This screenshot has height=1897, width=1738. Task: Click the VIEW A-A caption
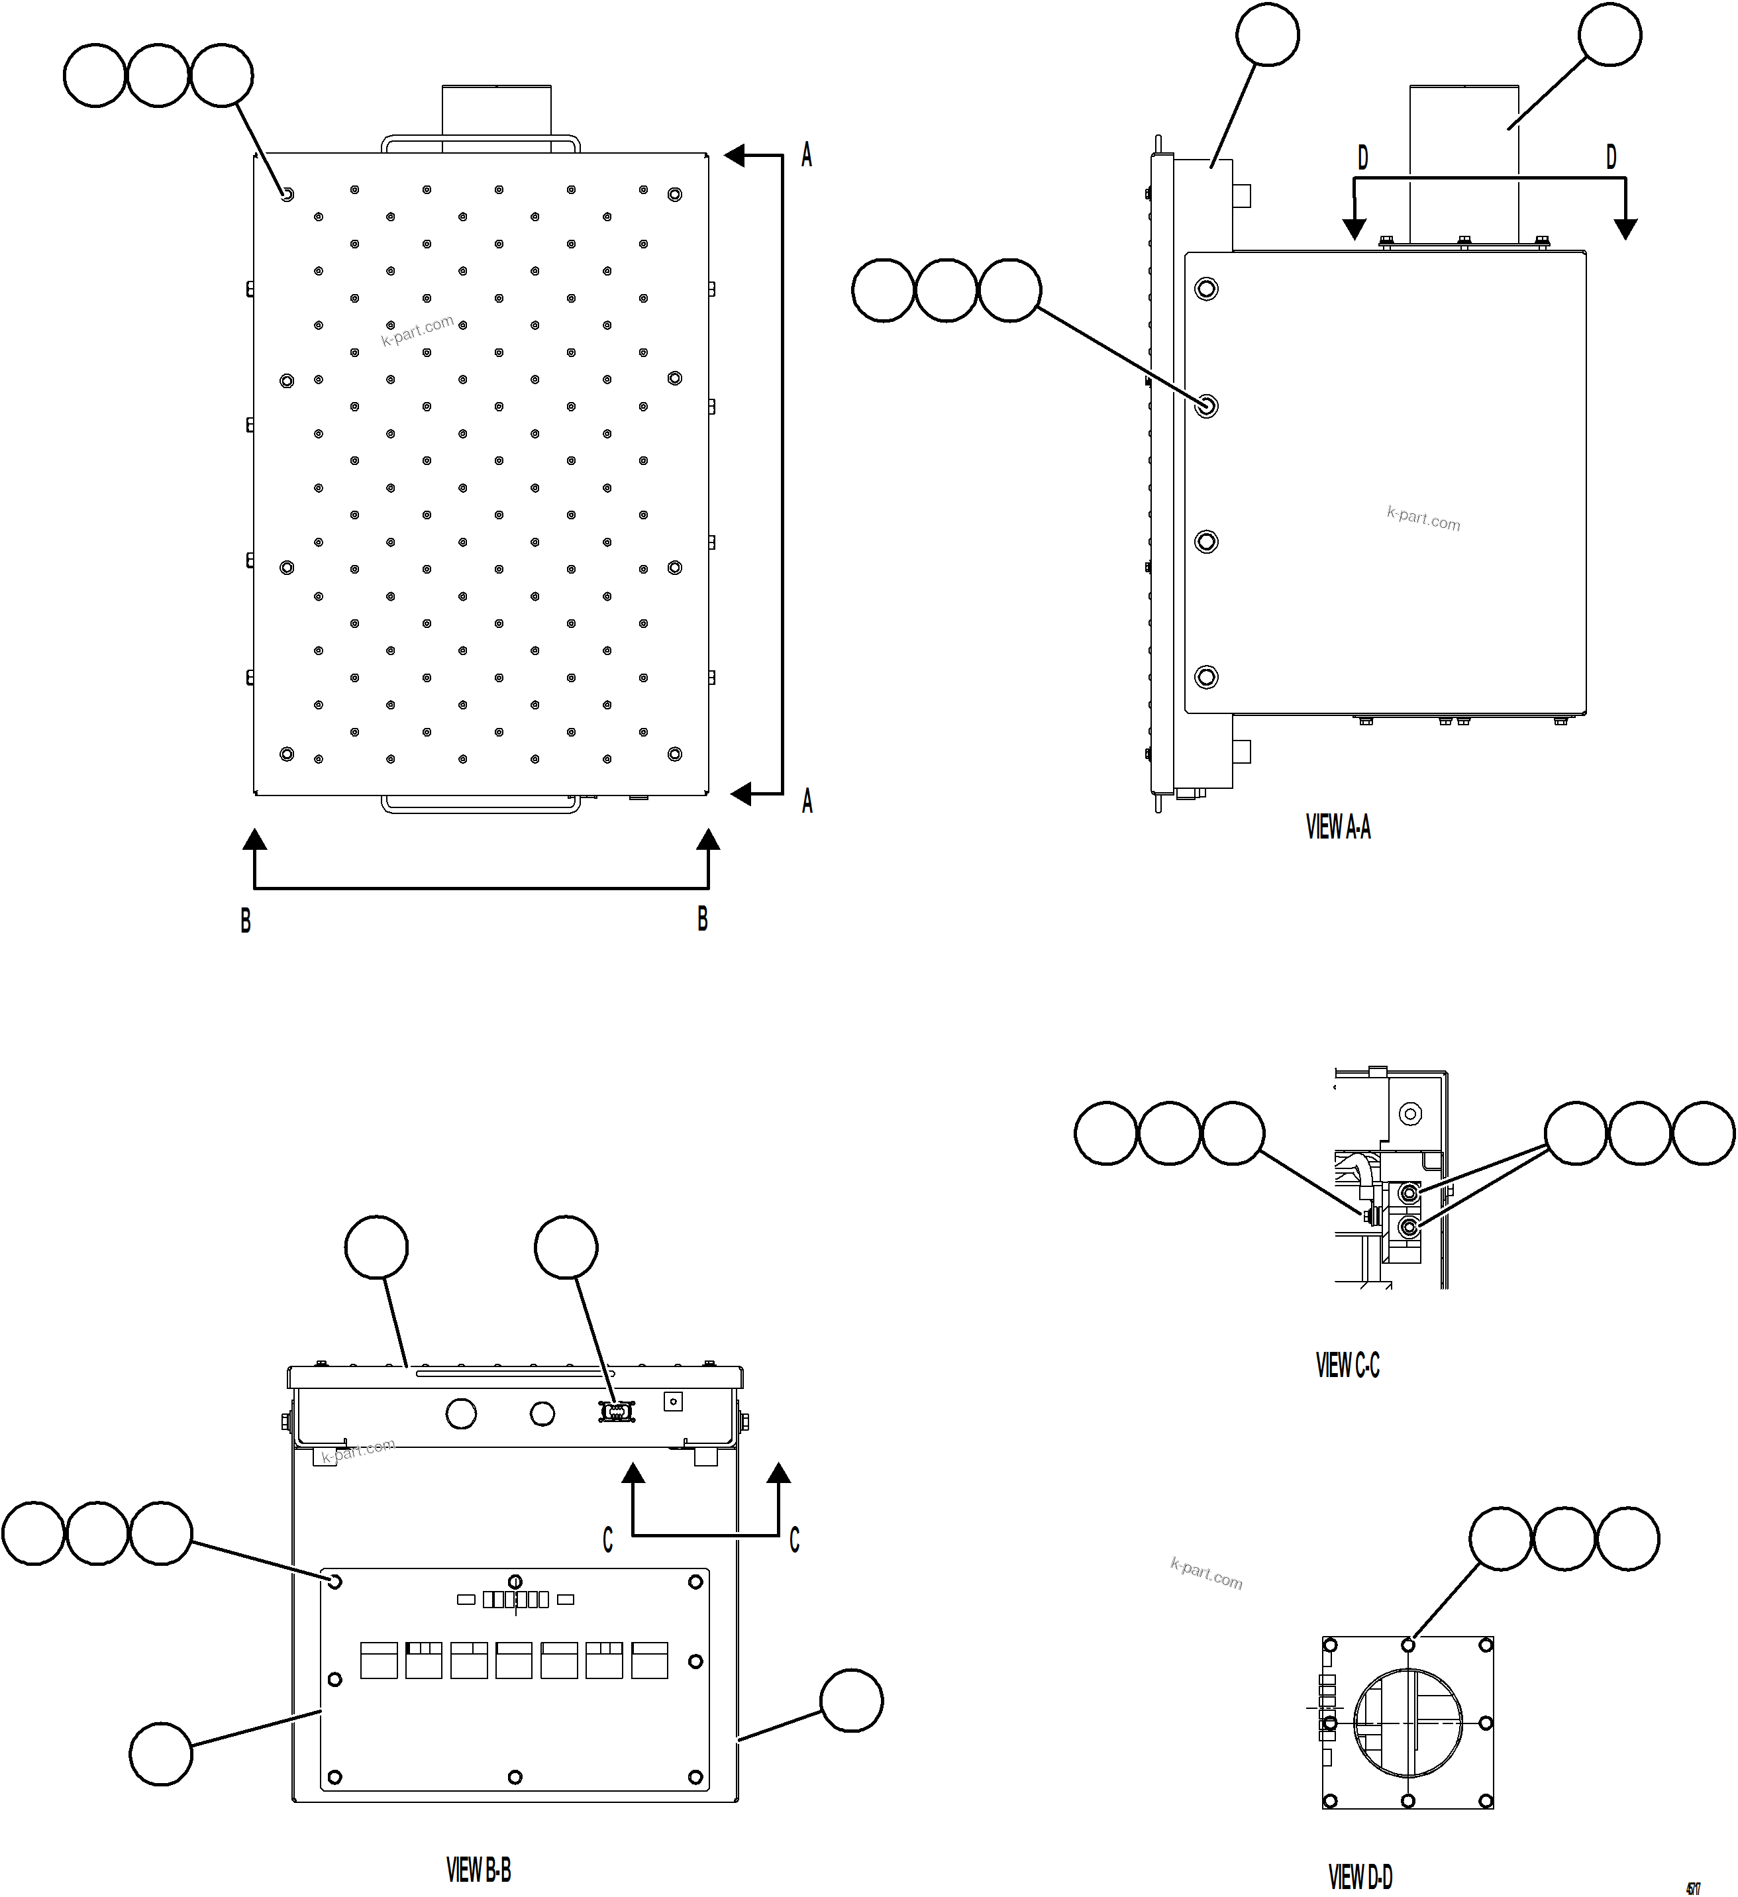tap(1337, 827)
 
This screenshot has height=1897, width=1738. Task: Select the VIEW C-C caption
tap(1347, 1365)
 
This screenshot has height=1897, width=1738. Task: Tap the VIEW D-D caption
tap(1360, 1877)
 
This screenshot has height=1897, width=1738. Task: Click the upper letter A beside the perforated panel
tap(807, 155)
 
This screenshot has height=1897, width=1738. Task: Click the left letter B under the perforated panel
tap(246, 920)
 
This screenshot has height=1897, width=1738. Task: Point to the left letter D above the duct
tap(1362, 158)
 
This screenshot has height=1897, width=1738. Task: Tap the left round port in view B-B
tap(460, 1413)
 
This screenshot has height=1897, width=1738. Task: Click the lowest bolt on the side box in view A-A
tap(1205, 676)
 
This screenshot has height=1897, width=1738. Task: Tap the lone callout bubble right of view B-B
tap(850, 1700)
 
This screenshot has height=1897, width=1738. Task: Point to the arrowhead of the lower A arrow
tap(741, 795)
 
